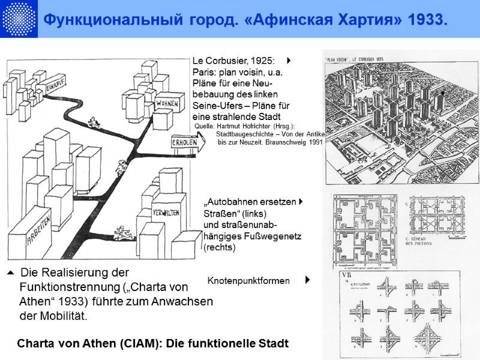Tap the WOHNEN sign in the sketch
coord(167,103)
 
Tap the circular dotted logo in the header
coord(18,19)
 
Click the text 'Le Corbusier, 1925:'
coord(233,61)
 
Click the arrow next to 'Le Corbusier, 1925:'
coord(289,61)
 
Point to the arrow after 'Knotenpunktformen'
coord(307,280)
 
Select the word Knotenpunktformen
coord(248,281)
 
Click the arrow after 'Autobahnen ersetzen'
coord(300,202)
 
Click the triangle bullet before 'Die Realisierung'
coord(11,274)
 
